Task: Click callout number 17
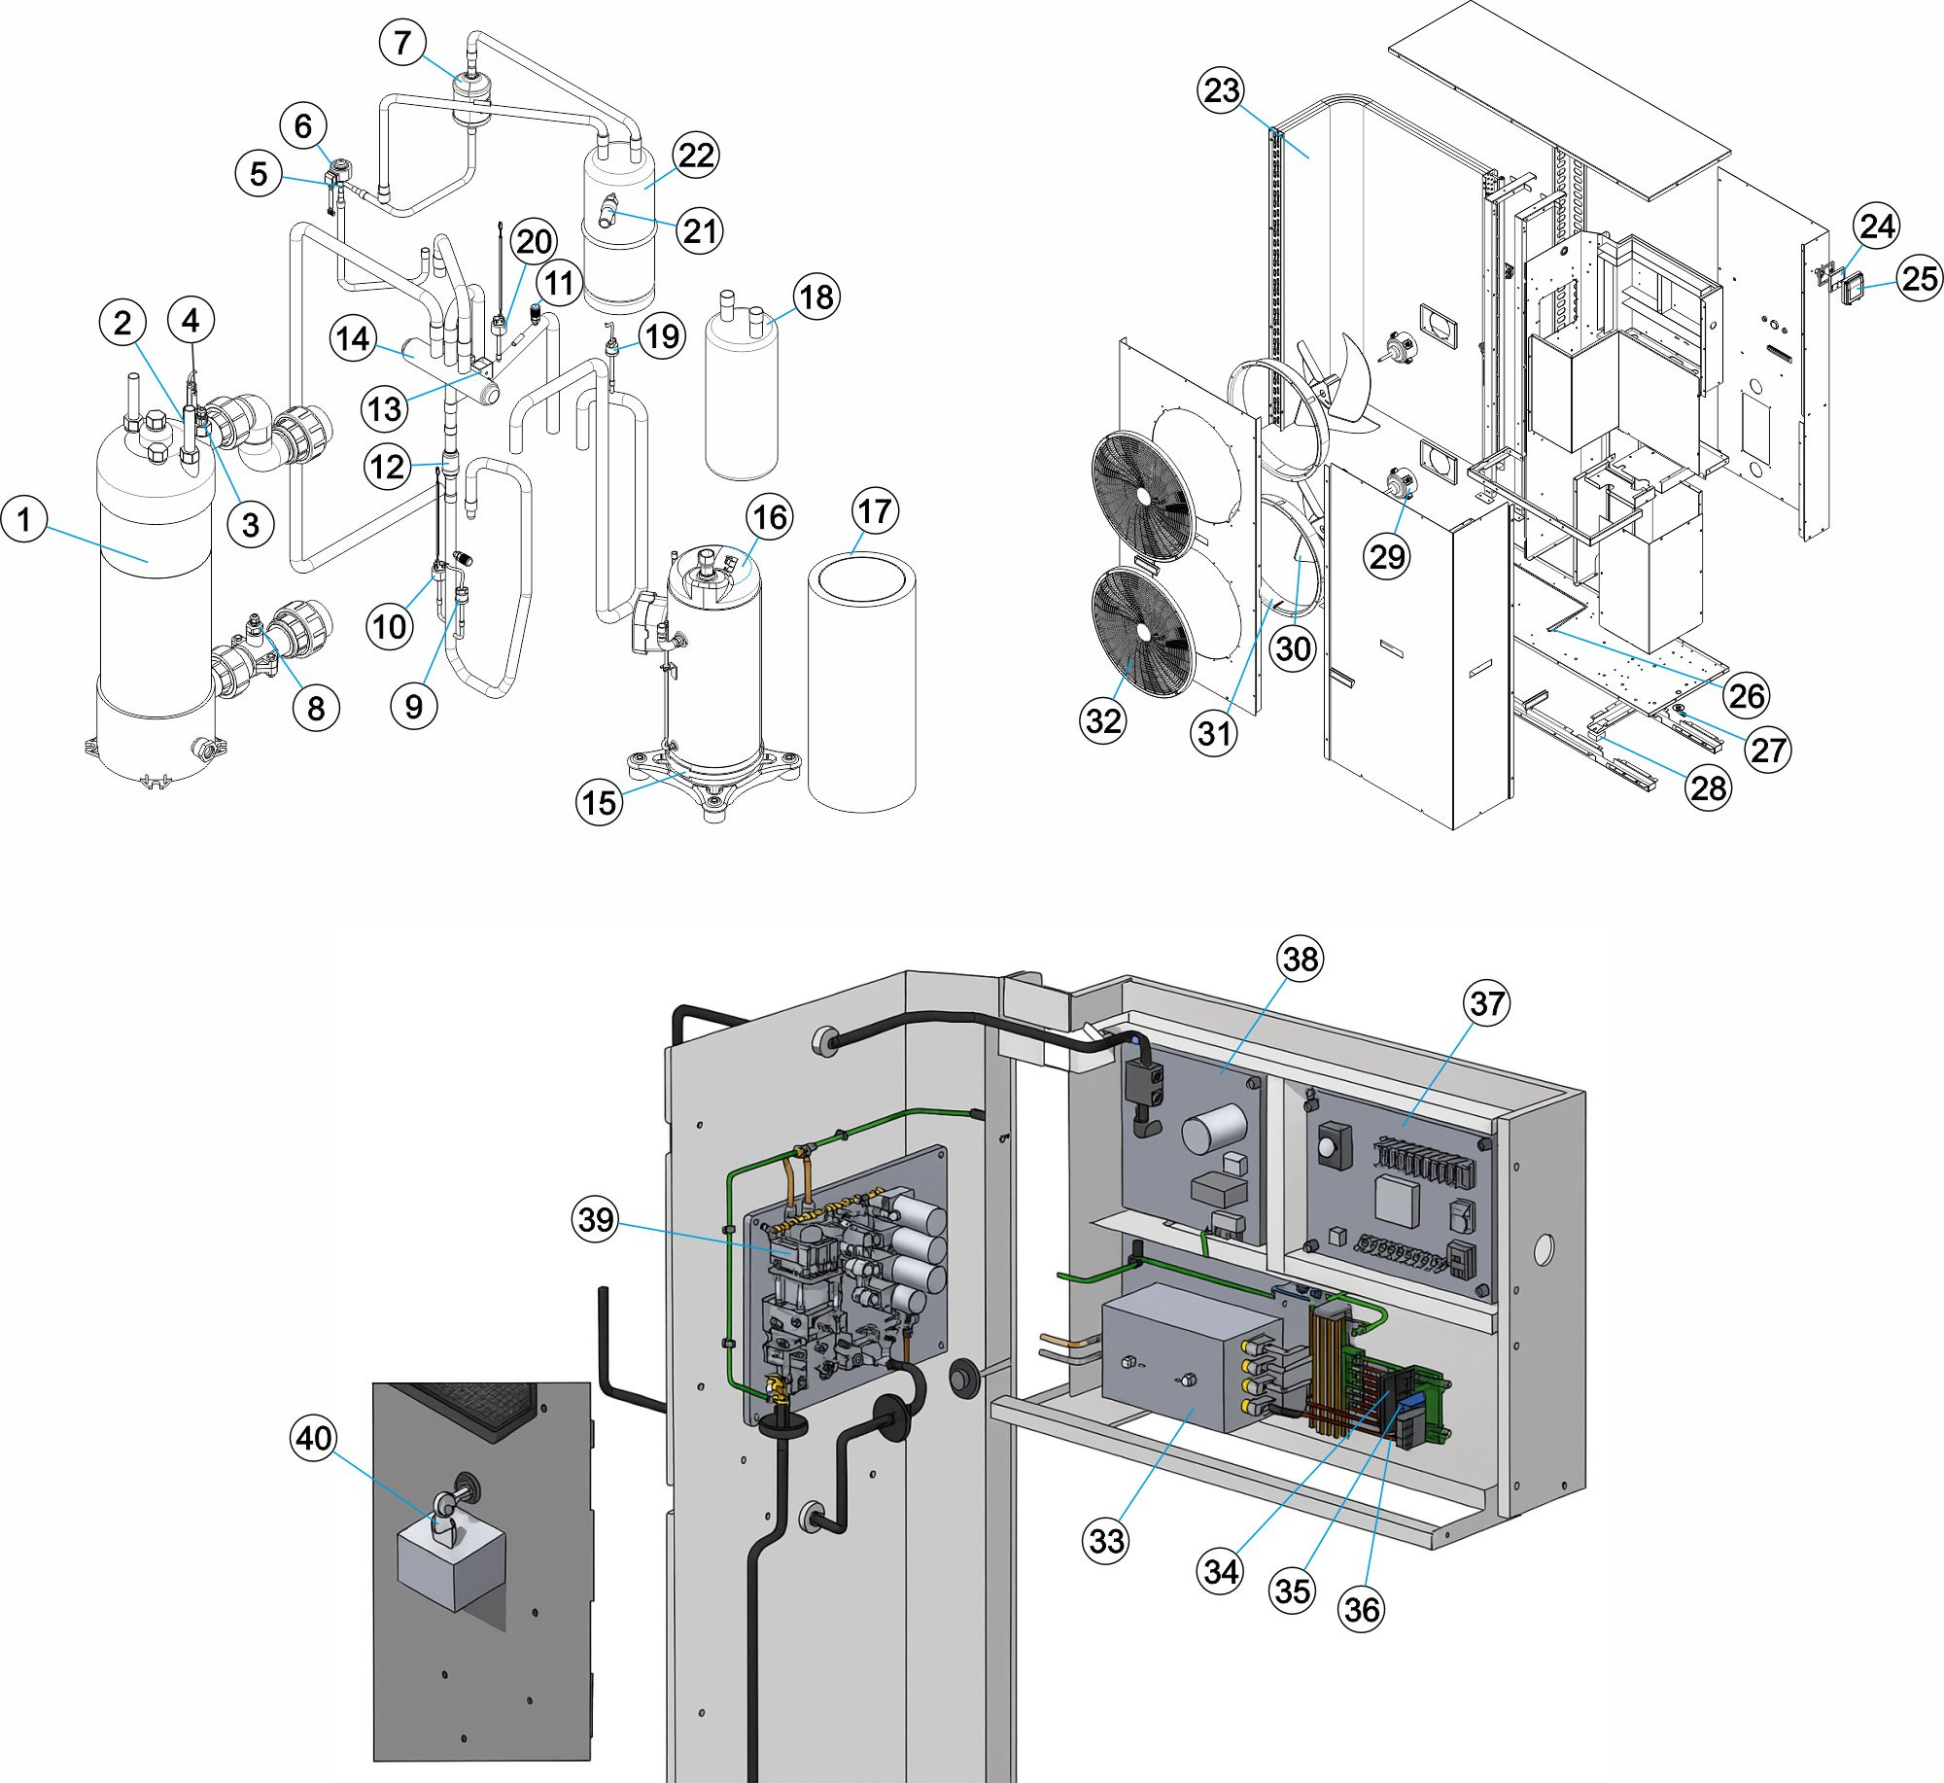coord(875,511)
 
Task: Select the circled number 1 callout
coord(24,519)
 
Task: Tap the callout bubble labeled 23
coord(1221,90)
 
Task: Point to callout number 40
coord(314,1438)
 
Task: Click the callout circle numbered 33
coord(1106,1540)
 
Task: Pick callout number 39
coord(596,1219)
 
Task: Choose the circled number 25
coord(1920,278)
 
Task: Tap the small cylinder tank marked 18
coord(742,399)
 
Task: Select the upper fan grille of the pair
coord(1143,497)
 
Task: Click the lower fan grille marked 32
coord(1143,633)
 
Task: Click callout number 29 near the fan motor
coord(1386,557)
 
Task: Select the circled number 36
coord(1361,1609)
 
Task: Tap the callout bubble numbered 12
coord(386,468)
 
